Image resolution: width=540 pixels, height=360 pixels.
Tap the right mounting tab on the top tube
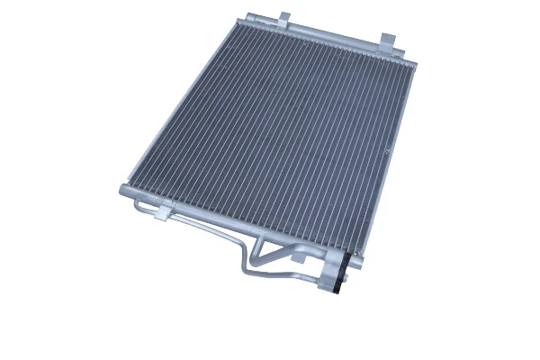pos(388,40)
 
